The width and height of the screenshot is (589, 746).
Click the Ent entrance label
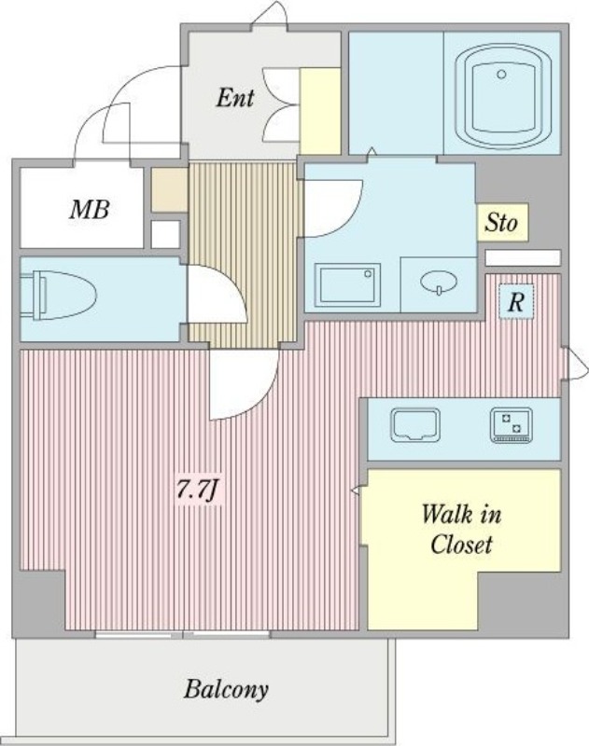[x=234, y=98]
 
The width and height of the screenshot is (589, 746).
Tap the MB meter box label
[x=90, y=209]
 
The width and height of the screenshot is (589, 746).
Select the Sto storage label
[x=501, y=222]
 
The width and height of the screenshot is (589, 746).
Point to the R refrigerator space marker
[x=515, y=301]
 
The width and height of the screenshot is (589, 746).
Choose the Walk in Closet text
[x=461, y=530]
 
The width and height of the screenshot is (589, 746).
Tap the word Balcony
[x=226, y=689]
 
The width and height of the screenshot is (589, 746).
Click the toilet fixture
[x=58, y=296]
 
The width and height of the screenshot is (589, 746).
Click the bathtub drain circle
[x=501, y=75]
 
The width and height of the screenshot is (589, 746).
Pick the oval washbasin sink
[x=439, y=282]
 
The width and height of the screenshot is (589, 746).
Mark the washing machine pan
[x=348, y=284]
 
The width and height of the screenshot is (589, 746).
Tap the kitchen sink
[x=415, y=424]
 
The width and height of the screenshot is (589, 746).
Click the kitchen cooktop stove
[x=512, y=424]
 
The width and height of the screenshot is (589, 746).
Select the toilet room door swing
[x=217, y=295]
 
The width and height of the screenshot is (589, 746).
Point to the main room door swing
[x=244, y=384]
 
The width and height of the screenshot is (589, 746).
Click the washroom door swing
[x=333, y=208]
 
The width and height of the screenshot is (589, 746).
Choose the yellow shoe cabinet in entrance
[x=319, y=111]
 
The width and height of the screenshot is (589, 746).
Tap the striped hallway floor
[x=245, y=254]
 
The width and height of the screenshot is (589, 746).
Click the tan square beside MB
[x=169, y=190]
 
